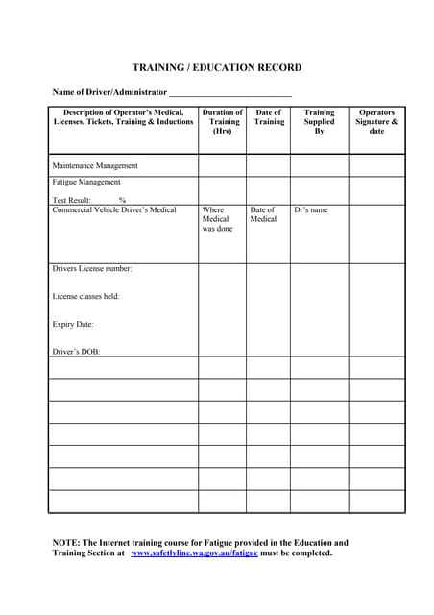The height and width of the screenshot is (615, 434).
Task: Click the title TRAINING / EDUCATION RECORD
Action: tap(216, 67)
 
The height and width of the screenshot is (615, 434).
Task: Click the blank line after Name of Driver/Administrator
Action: tap(229, 92)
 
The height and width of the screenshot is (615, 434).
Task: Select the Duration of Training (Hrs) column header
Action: tap(222, 122)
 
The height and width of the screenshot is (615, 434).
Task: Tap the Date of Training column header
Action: tap(269, 117)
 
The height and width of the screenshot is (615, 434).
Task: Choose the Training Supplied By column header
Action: tap(319, 122)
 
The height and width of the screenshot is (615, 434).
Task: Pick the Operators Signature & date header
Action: tap(376, 122)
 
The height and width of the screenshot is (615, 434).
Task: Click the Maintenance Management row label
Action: tap(95, 166)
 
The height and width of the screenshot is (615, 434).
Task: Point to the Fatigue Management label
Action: tap(86, 182)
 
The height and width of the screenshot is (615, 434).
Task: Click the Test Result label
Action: tap(71, 200)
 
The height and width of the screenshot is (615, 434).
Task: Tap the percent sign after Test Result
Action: tap(123, 200)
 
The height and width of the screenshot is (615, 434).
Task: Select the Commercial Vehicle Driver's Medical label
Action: tap(114, 209)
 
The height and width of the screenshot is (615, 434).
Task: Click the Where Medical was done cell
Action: tap(217, 219)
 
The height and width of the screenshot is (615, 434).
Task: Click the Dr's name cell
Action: tap(311, 209)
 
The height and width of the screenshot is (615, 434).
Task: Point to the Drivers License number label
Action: tap(92, 268)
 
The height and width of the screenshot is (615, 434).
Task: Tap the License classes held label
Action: tap(85, 296)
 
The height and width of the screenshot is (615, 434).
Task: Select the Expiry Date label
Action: tap(73, 324)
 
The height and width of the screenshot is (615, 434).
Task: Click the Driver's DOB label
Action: tap(76, 352)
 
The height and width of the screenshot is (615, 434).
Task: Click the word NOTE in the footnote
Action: tap(65, 543)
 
